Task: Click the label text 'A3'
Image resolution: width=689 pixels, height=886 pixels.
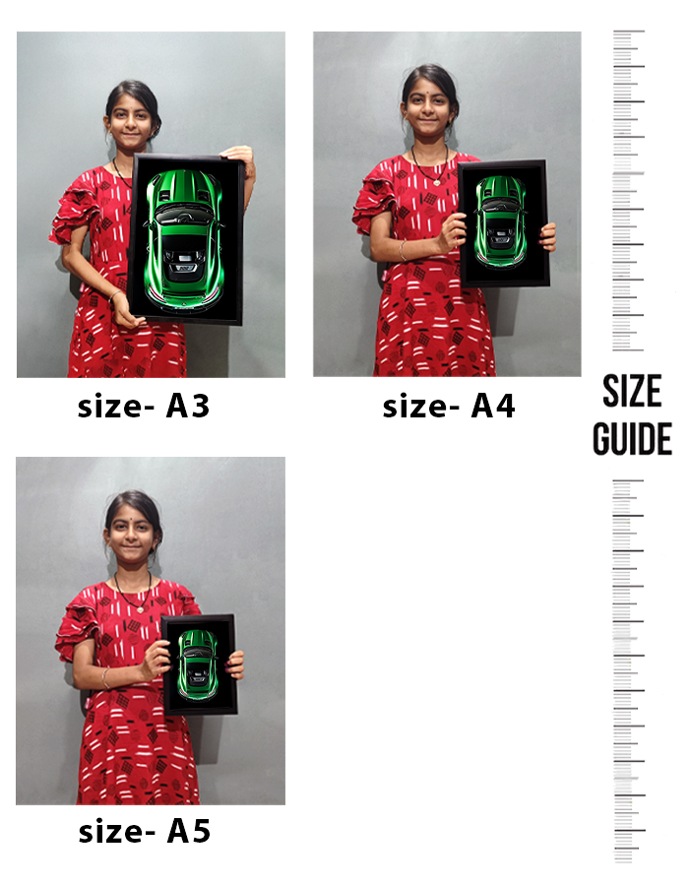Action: tap(187, 406)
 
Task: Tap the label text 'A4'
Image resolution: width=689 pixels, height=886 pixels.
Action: tap(492, 406)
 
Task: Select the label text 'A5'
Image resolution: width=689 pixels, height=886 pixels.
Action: tap(189, 831)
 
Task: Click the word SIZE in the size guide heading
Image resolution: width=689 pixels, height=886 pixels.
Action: tap(632, 391)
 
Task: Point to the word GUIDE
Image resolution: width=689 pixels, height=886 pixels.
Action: tap(632, 438)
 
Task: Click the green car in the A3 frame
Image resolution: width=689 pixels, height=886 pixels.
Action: tap(184, 239)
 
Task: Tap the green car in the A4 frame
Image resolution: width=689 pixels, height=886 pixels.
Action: tap(501, 221)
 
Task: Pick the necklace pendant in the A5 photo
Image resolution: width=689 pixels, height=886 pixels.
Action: tap(141, 609)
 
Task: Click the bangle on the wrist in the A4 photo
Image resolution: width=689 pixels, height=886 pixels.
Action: tap(403, 250)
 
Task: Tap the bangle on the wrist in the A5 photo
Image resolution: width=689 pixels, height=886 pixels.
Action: tap(105, 677)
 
